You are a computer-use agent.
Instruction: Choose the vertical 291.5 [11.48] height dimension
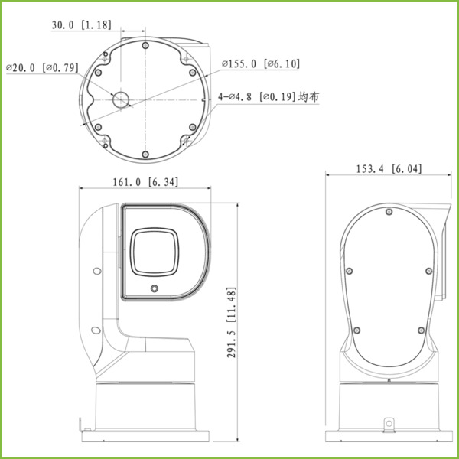point(232,322)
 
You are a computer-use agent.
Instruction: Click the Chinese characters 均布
point(309,97)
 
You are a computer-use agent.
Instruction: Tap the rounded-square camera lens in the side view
point(158,252)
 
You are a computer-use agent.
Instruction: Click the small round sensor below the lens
point(155,288)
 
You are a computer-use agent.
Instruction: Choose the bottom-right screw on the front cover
point(421,330)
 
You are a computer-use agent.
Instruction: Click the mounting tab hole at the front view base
point(389,421)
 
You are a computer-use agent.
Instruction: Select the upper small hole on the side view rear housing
point(95,271)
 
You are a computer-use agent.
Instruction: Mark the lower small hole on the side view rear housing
point(95,330)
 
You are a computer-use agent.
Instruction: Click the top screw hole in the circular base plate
point(145,46)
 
